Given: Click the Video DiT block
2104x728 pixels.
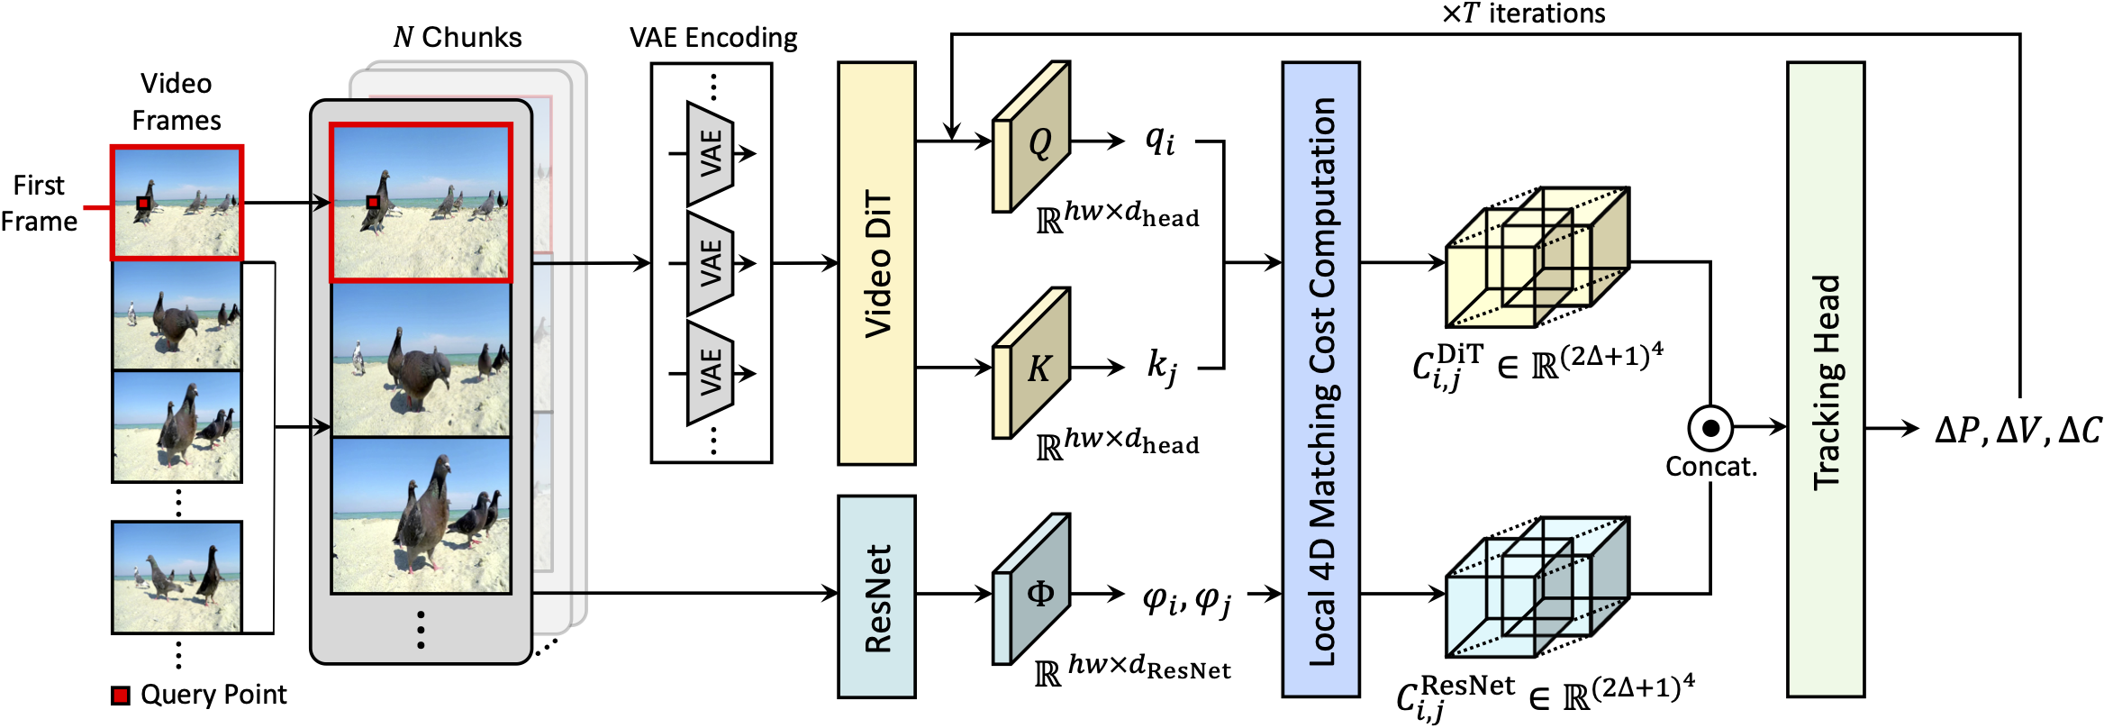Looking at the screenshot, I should point(876,263).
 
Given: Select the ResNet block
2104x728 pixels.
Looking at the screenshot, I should point(876,596).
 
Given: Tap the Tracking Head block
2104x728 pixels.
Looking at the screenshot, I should point(1825,379).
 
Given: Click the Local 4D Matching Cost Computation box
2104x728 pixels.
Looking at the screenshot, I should point(1320,379).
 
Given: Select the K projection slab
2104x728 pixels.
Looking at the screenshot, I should point(1031,364).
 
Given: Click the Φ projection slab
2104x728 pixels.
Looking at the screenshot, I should point(1031,590).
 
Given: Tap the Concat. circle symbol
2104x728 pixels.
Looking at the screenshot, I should point(1709,427).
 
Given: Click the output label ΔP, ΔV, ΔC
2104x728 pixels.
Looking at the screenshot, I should point(2018,430).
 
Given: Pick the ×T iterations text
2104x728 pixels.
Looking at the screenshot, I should point(1522,14).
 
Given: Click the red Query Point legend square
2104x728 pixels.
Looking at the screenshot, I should point(121,695).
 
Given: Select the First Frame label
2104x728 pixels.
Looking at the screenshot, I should point(39,203).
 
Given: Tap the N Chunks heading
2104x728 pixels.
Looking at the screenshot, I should point(457,37).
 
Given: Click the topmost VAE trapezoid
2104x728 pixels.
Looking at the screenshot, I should point(711,153).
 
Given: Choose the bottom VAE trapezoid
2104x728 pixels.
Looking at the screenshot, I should point(711,373).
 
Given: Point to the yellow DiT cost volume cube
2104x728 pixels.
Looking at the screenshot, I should point(1536,259).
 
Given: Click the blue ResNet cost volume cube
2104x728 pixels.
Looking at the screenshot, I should point(1536,587).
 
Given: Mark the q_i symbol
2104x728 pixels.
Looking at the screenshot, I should point(1159,140).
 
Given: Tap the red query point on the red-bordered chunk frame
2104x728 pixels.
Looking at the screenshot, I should point(373,203).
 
